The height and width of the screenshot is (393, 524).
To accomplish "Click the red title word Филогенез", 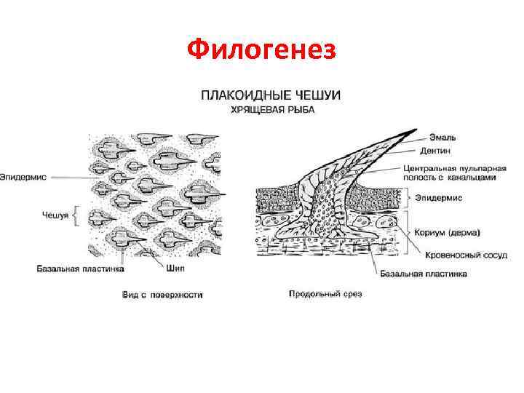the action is pyautogui.click(x=261, y=50).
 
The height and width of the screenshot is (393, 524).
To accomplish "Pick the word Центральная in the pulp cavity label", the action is pyautogui.click(x=429, y=167).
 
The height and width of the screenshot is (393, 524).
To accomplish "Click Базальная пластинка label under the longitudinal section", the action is pyautogui.click(x=423, y=274).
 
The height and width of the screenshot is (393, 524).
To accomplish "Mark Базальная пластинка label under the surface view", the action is pyautogui.click(x=81, y=269).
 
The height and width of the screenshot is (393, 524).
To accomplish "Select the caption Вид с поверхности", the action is pyautogui.click(x=162, y=295).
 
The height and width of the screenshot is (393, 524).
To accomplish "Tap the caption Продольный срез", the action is pyautogui.click(x=325, y=294).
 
